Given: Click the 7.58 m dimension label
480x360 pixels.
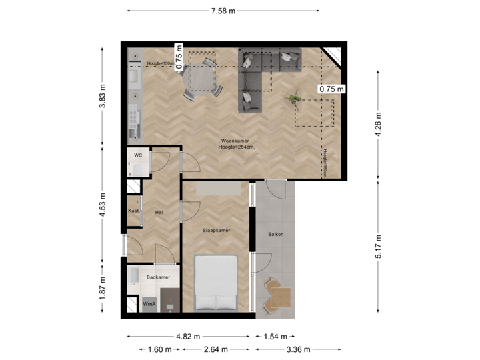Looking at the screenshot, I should pyautogui.click(x=223, y=11).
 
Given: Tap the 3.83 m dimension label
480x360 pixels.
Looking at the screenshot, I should pyautogui.click(x=102, y=99).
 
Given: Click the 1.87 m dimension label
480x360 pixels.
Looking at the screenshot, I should pyautogui.click(x=102, y=289).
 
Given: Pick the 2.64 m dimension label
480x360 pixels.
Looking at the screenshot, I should pyautogui.click(x=215, y=349).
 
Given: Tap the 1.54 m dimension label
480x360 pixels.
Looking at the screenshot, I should pyautogui.click(x=274, y=336).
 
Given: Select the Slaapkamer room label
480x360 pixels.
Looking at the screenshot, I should pyautogui.click(x=217, y=231).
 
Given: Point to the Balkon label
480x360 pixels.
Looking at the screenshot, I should pyautogui.click(x=276, y=234).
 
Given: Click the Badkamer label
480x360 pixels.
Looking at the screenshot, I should pyautogui.click(x=159, y=277).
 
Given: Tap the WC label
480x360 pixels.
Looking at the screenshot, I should pyautogui.click(x=138, y=155).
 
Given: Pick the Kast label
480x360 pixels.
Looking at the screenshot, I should pyautogui.click(x=133, y=211).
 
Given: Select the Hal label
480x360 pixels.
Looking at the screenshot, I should pyautogui.click(x=159, y=212).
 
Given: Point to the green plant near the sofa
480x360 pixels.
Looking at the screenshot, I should pyautogui.click(x=293, y=100).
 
